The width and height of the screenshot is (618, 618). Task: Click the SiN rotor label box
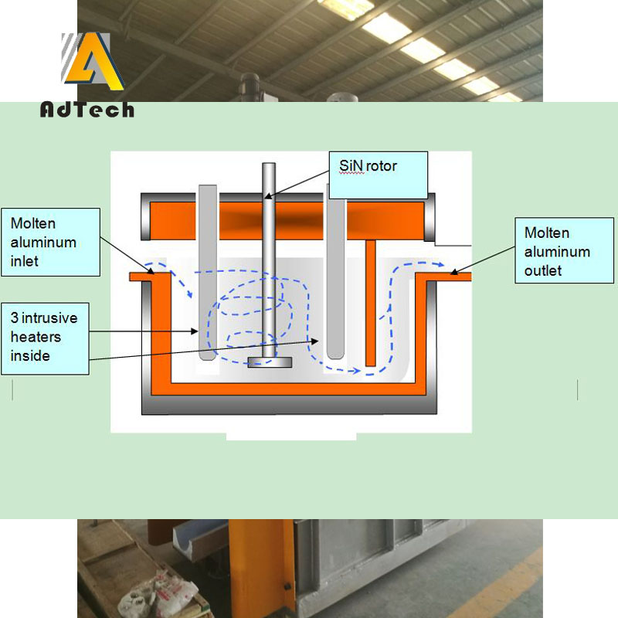click(x=379, y=175)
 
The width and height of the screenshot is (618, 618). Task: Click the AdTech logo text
click(x=87, y=110)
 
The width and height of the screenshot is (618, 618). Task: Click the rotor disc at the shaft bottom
click(x=270, y=362)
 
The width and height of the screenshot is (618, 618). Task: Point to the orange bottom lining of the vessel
click(x=286, y=388)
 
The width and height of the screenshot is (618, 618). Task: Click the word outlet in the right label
click(x=545, y=270)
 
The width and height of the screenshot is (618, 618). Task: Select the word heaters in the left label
click(x=36, y=337)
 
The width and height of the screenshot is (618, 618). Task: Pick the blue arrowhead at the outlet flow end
click(x=443, y=265)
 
